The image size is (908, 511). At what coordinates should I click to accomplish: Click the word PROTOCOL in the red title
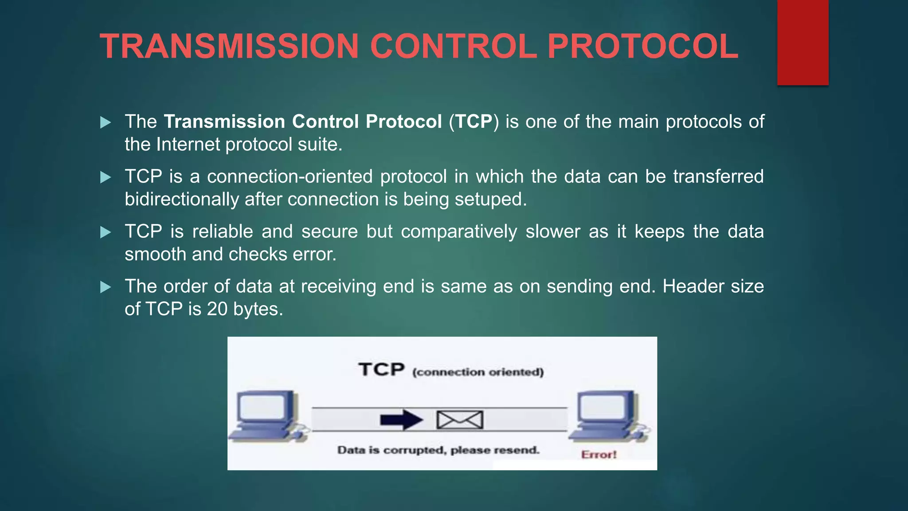(642, 46)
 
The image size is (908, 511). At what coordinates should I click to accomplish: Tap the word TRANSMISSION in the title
(229, 46)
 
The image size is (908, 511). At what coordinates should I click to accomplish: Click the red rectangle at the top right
(802, 42)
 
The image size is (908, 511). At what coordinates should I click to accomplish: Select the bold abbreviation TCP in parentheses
(474, 122)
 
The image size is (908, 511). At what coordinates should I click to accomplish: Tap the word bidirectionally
(182, 200)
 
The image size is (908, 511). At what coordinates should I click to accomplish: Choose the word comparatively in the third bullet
(459, 232)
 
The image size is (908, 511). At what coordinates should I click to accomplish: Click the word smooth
(155, 255)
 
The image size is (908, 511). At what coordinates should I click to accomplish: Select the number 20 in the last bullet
(217, 309)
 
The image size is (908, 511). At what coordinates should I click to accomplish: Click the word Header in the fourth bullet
(693, 287)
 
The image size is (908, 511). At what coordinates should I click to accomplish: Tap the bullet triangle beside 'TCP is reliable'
(106, 232)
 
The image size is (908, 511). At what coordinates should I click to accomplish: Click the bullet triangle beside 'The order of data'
(106, 287)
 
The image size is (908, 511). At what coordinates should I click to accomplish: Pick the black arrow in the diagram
(401, 420)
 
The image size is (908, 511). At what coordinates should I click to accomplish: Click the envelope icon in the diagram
(460, 420)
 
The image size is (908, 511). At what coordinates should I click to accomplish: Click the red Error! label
(599, 455)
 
